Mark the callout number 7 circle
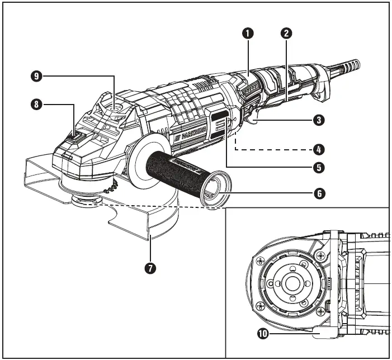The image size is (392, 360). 150,268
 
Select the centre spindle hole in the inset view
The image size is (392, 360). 291,282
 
